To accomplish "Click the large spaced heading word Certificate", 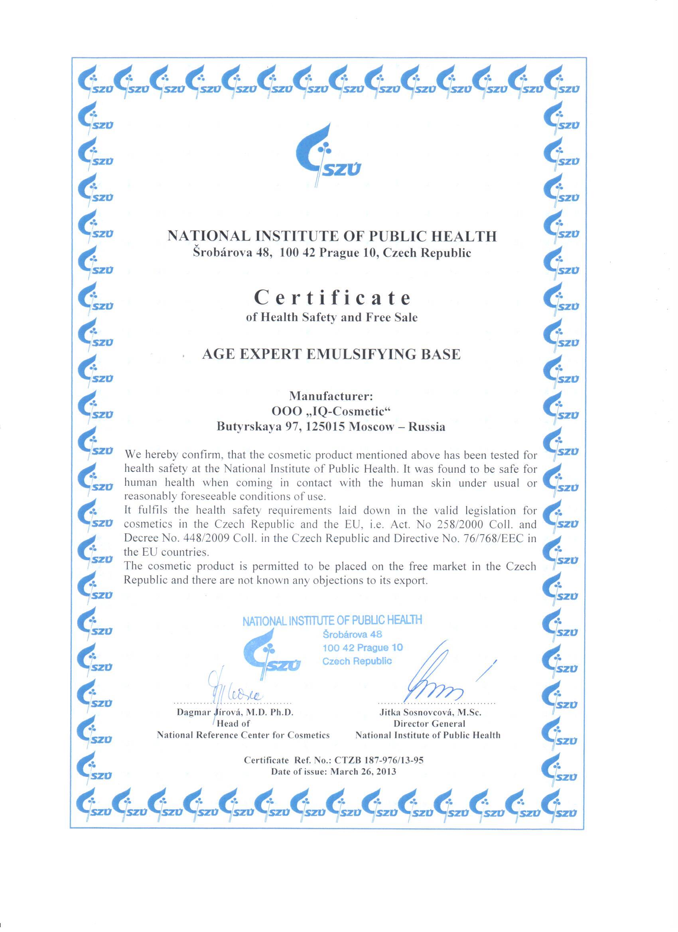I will tap(332, 297).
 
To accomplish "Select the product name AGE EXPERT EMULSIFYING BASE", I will tap(331, 354).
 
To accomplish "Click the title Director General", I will tap(429, 724).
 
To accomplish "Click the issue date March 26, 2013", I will tap(363, 771).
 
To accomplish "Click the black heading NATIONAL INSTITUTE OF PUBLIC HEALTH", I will tap(332, 236).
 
